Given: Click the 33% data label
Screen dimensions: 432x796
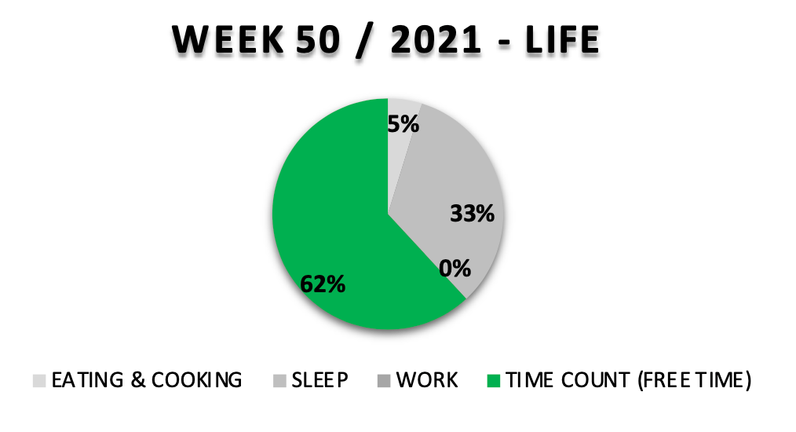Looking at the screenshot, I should click(x=472, y=213).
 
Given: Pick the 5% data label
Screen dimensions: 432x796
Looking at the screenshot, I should click(x=403, y=124).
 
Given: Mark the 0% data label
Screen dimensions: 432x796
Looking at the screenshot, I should click(x=455, y=269).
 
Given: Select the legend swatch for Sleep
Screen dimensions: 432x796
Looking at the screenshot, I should click(x=279, y=381).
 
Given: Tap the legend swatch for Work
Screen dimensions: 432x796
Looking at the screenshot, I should click(x=384, y=381).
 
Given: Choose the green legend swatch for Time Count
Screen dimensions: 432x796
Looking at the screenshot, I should click(x=492, y=381).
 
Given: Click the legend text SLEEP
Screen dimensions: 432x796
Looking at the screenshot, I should click(x=319, y=381).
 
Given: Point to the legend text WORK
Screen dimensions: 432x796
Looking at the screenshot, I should click(x=426, y=381).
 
